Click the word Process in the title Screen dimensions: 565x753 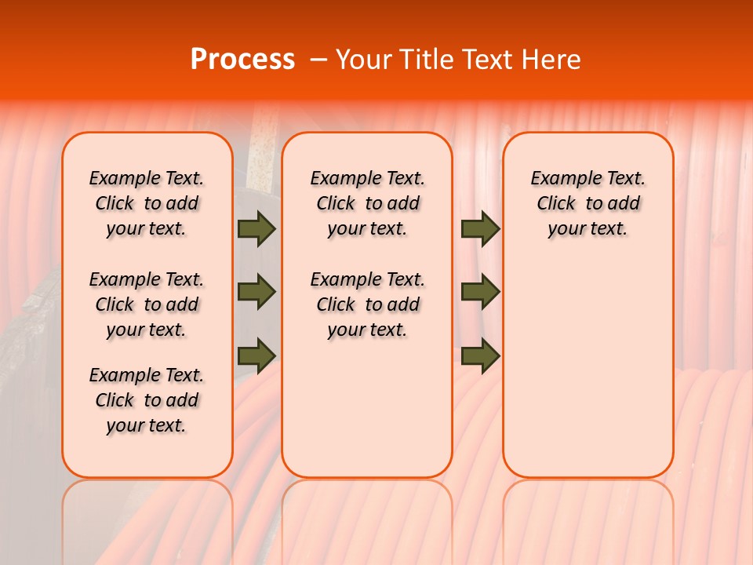tap(242, 60)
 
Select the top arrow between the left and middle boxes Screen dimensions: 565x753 tap(256, 228)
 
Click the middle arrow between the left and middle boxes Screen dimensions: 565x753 tap(256, 292)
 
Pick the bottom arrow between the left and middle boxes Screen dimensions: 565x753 tap(256, 355)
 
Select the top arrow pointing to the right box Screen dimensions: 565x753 tap(480, 228)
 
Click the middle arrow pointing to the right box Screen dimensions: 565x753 tap(480, 292)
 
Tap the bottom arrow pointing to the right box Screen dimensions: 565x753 tap(480, 355)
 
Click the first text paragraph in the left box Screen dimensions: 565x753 tap(147, 203)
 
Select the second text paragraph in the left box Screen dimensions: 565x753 tap(147, 304)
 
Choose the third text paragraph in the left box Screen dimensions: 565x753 tap(147, 400)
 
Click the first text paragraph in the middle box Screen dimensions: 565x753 tap(367, 203)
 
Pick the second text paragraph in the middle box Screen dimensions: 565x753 tap(367, 304)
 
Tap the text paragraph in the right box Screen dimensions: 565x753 tap(587, 203)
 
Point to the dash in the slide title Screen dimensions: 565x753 tap(318, 60)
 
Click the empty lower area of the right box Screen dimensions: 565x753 tap(587, 377)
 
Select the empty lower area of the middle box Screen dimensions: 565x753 tap(367, 408)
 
